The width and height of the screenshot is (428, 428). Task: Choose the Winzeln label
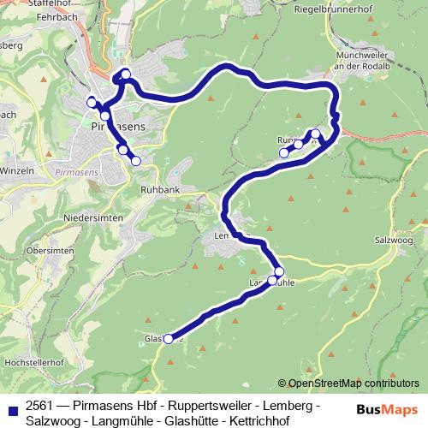(x=17, y=170)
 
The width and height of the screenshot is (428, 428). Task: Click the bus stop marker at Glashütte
(x=168, y=339)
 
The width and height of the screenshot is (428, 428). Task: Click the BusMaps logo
(x=381, y=409)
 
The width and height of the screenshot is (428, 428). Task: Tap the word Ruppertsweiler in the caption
(x=211, y=404)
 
